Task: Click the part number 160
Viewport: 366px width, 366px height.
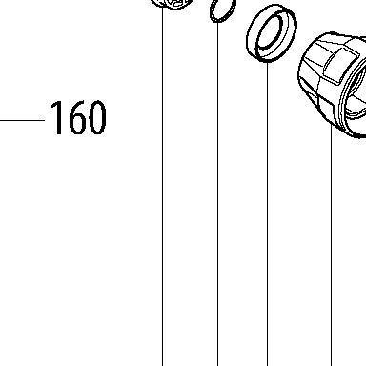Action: pyautogui.click(x=78, y=118)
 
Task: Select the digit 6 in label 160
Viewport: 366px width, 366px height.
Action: pyautogui.click(x=76, y=118)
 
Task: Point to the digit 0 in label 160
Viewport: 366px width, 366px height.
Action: pyautogui.click(x=96, y=118)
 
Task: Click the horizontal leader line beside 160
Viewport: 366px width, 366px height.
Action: pyautogui.click(x=22, y=120)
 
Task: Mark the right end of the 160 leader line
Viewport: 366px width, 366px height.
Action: pyautogui.click(x=45, y=120)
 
